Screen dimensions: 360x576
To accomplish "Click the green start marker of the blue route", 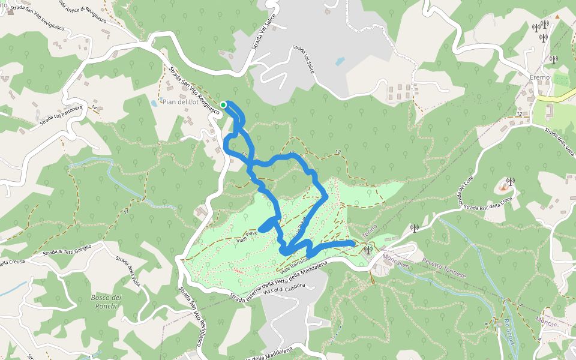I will (223, 105).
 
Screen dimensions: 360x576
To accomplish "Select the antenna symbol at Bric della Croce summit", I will (510, 181).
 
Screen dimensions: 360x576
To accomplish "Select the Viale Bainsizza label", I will (292, 265).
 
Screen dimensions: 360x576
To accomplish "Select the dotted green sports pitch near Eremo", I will (562, 79).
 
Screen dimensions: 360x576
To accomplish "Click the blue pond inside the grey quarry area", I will (340, 61).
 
